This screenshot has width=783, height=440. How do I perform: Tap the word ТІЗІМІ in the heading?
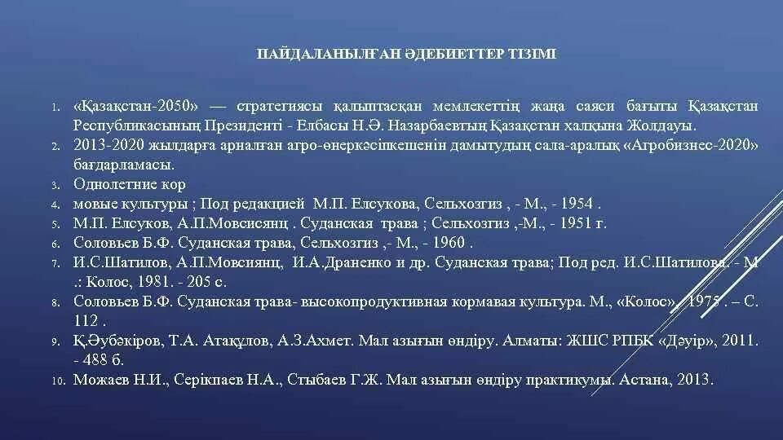point(512,55)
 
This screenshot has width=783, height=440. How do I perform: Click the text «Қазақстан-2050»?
point(136,107)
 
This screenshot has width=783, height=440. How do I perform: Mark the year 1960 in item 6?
point(449,243)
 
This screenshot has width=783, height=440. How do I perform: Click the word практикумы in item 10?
point(570,380)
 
